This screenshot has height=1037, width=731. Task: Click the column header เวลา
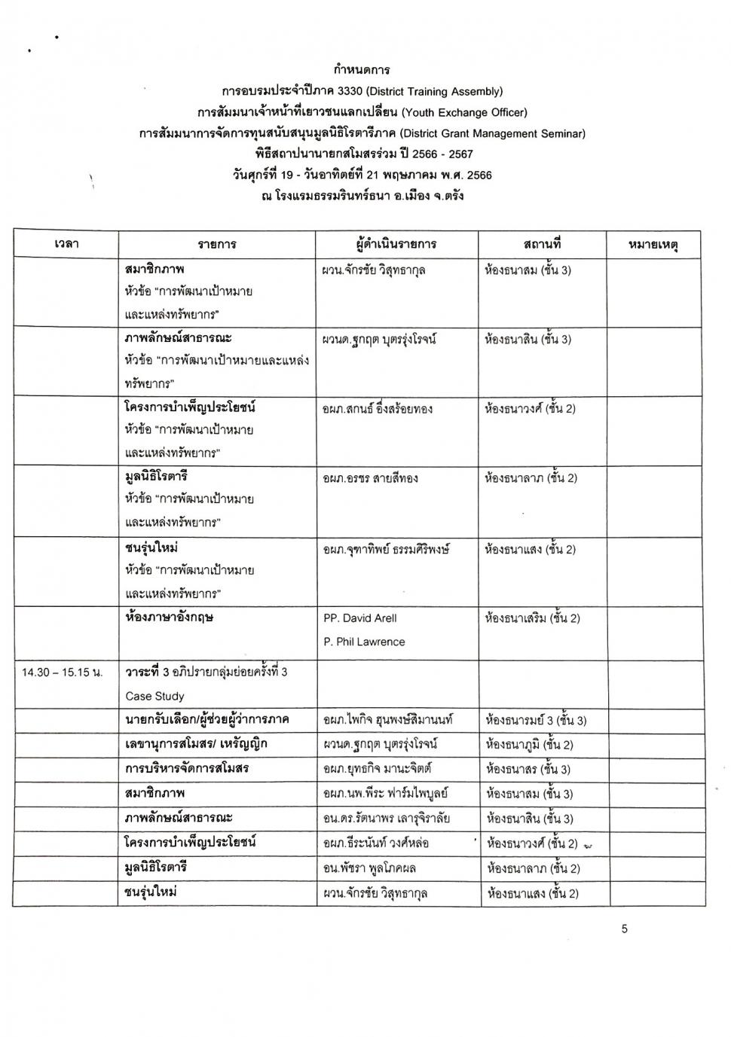click(66, 244)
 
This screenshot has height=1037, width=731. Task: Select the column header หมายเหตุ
click(653, 244)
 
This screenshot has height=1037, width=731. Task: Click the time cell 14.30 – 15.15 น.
click(63, 672)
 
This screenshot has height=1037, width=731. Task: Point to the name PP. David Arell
click(360, 618)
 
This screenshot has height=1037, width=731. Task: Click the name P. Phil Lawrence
click(364, 642)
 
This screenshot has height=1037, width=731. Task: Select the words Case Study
click(154, 696)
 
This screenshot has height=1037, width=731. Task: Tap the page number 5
click(625, 929)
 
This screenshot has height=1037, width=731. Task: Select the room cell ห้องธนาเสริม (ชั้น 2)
click(533, 618)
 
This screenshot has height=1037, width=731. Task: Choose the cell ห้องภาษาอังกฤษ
click(169, 617)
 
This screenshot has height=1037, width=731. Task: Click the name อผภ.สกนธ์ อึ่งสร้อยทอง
click(378, 409)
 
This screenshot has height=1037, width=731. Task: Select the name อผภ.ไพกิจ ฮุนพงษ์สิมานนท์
click(387, 720)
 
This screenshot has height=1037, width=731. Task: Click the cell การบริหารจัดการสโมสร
click(187, 769)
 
